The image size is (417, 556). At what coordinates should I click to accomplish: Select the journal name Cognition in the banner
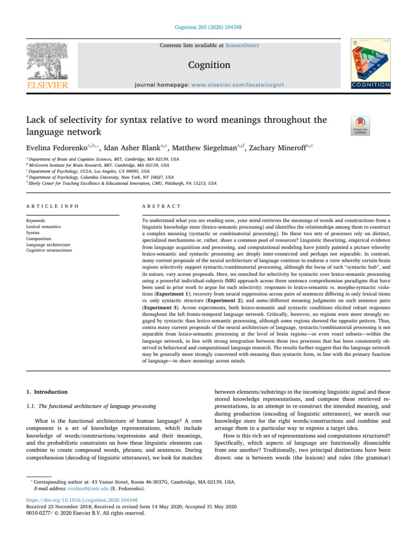point(208,65)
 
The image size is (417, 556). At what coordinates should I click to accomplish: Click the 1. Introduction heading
point(47,391)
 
